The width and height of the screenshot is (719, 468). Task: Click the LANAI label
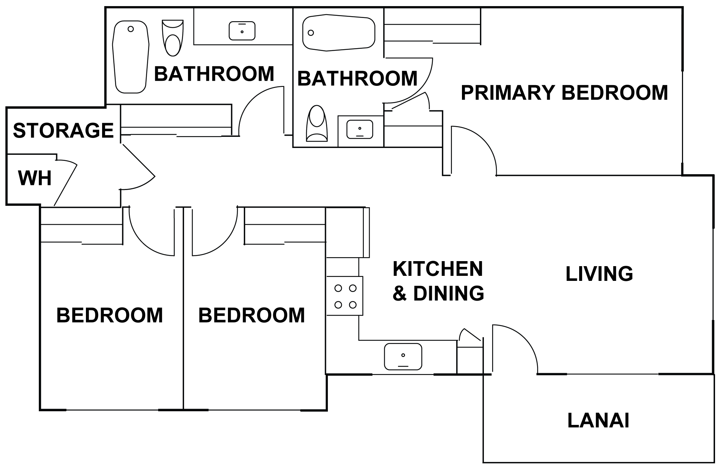point(598,421)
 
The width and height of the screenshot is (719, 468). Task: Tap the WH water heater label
point(35,178)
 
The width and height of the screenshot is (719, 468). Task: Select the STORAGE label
point(63,130)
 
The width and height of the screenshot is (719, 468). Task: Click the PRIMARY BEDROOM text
point(564,92)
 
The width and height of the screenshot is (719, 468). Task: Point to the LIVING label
point(599,274)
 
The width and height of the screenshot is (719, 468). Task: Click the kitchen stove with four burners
point(345,296)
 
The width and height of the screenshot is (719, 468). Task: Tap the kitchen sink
point(403,357)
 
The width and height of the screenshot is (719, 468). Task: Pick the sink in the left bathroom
point(242,31)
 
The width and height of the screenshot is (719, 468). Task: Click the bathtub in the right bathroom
point(339,32)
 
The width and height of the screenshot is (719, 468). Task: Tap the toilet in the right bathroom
point(317,123)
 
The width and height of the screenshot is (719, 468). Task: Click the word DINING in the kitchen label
point(449,293)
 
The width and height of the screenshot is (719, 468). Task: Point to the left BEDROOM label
point(110,315)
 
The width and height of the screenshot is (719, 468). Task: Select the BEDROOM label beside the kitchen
point(252,315)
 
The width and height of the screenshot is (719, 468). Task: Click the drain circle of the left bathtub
point(131,29)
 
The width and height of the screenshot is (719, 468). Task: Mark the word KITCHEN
point(438,269)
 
